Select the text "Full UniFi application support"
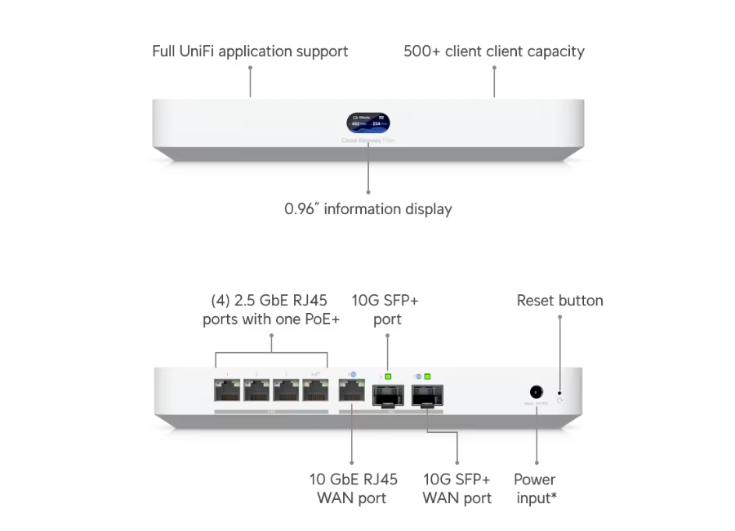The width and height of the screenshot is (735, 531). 250,51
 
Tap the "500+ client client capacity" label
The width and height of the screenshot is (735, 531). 494,51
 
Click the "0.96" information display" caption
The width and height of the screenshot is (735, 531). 367,209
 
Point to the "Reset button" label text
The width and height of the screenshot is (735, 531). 559,301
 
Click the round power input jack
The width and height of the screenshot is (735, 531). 537,392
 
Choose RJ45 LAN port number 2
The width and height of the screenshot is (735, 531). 256,392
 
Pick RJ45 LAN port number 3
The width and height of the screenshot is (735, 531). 285,392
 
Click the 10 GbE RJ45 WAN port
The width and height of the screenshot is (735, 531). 352,392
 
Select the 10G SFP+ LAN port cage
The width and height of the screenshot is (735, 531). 386,396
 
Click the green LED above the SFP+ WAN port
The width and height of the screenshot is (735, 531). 428,377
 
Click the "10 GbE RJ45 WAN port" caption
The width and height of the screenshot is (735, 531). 353,488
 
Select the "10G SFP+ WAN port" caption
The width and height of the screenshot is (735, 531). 457,488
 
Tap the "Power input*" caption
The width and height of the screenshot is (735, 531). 536,488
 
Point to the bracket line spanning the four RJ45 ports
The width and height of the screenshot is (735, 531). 271,354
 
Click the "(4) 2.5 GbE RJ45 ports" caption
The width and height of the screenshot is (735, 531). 271,310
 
